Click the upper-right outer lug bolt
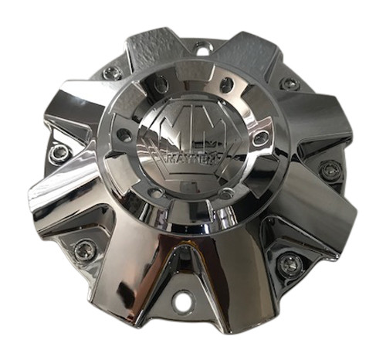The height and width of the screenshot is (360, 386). point(289,83)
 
